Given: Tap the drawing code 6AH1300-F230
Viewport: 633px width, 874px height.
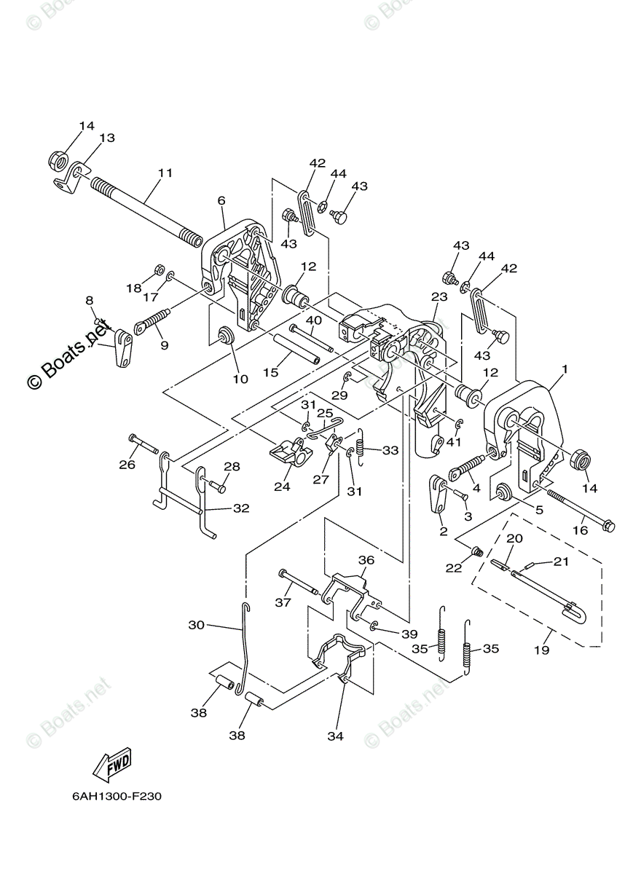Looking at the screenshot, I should [x=117, y=796].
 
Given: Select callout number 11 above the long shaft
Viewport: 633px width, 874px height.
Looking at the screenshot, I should [x=165, y=173].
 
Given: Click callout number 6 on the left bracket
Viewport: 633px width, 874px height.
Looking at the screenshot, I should [x=221, y=201].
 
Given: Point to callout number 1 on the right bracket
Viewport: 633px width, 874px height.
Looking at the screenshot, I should [x=564, y=370].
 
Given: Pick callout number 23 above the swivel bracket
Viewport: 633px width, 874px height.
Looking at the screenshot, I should [x=439, y=297].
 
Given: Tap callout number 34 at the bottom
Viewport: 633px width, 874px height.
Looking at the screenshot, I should [x=334, y=736].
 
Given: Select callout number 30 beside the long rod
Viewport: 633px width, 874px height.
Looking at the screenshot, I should [x=197, y=625].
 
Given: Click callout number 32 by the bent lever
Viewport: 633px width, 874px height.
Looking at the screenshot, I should [x=241, y=508].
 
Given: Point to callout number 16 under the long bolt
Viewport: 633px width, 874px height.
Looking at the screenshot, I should [x=580, y=531].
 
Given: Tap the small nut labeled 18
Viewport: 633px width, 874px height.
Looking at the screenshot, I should [x=158, y=274].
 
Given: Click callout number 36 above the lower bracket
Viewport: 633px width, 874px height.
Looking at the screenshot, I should [x=366, y=561].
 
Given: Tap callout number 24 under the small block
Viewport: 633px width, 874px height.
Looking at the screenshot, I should [x=282, y=487].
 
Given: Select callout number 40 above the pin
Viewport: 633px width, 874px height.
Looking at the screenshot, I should [x=313, y=320].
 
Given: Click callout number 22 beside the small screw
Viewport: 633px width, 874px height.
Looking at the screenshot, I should [x=454, y=568].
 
